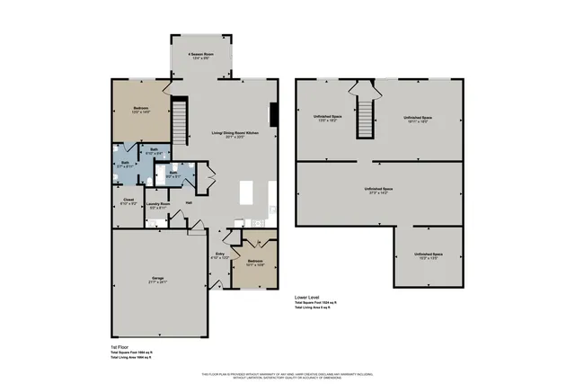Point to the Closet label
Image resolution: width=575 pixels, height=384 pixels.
(128, 201)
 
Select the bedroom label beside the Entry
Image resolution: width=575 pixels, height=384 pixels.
(253, 263)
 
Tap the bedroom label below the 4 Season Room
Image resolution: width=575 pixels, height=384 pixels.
(140, 109)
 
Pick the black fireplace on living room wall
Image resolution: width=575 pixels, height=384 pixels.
(274, 112)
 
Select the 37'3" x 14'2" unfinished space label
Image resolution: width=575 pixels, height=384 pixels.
(379, 190)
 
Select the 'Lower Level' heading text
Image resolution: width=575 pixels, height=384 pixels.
(308, 296)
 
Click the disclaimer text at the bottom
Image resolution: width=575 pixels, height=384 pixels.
(287, 374)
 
